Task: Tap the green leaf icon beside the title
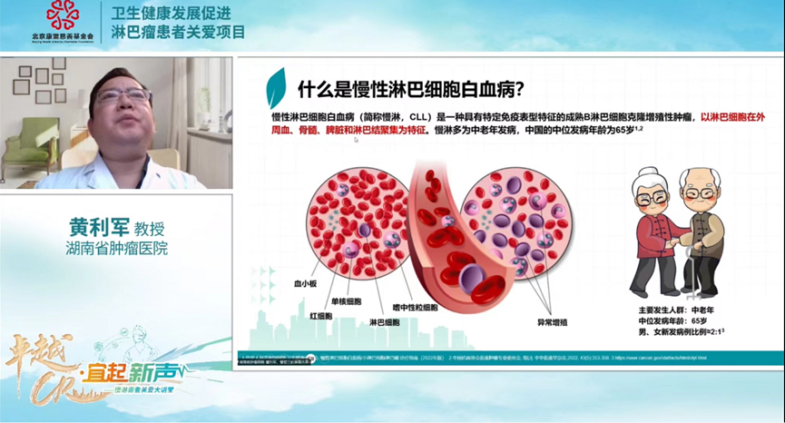(276, 88)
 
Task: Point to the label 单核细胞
(346, 300)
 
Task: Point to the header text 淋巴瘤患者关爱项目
(171, 34)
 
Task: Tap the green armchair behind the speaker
(28, 150)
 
